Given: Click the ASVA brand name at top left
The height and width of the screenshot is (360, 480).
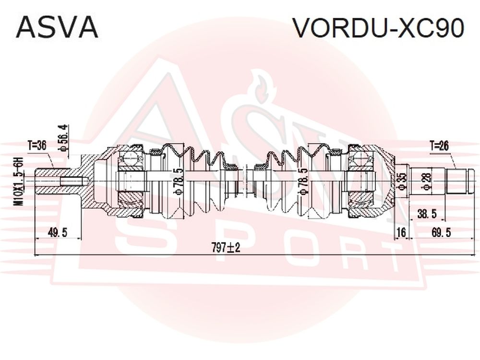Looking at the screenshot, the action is [57, 27].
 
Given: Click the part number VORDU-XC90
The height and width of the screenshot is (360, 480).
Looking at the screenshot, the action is [379, 27].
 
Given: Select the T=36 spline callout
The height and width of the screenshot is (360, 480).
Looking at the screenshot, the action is [37, 145].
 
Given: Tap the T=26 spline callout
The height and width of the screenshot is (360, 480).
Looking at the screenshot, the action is [439, 146].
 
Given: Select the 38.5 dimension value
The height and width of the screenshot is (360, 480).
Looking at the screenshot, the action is [427, 214].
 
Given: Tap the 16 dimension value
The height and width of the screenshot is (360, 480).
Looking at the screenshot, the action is [401, 233].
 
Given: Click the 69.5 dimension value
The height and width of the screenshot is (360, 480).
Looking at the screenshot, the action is [441, 233].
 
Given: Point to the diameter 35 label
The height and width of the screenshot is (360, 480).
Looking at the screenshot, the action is [402, 182].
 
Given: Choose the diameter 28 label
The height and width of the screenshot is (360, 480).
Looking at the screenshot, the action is [426, 182].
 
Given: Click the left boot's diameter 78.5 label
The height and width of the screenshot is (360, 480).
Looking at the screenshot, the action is [178, 181].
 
